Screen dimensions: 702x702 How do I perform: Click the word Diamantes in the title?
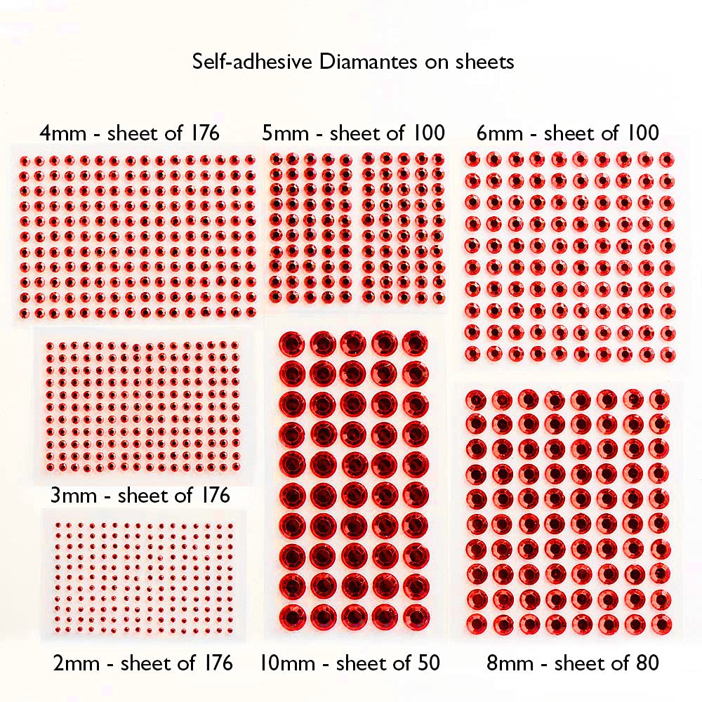pos(369,62)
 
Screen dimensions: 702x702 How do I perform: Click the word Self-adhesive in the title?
pos(254,62)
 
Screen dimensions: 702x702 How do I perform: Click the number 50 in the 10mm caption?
pos(428,662)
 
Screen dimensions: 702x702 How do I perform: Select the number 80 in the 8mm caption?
pos(647,662)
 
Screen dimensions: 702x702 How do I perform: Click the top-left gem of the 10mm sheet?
pos(291,344)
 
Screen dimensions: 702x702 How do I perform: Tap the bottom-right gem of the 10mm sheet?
pos(416,616)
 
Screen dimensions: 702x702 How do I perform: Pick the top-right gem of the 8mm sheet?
pos(659,399)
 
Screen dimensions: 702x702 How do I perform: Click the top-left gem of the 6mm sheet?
pos(472,159)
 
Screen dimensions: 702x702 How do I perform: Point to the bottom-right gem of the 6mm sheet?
pos(667,354)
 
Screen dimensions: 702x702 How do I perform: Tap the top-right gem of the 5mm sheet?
pos(438,159)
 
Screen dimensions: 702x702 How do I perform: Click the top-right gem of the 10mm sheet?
pos(416,344)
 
